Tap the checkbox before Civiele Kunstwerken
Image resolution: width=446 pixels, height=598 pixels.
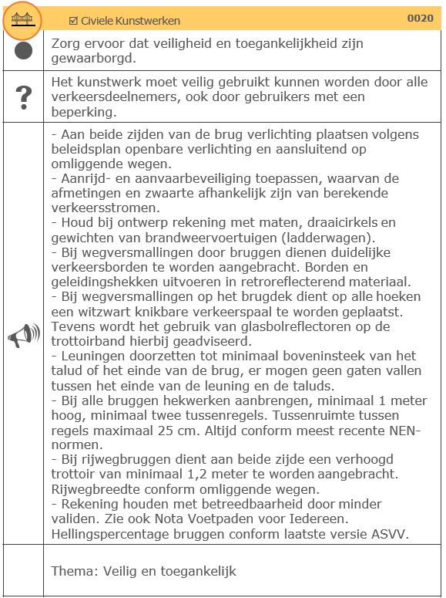73,21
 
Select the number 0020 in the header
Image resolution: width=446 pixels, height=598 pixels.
420,19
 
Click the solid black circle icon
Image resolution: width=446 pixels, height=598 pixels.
23,51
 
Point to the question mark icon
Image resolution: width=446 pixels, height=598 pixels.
23,97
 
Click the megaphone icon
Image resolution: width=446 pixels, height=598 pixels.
23,336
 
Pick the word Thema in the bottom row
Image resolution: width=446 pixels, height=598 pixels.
71,571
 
